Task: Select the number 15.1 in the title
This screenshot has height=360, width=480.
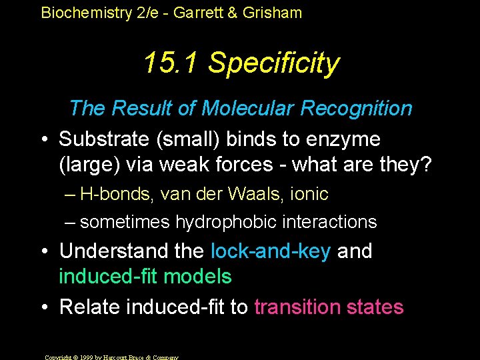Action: tap(171, 63)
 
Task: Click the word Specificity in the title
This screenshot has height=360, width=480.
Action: tap(273, 63)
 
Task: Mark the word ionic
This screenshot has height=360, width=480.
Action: tap(309, 195)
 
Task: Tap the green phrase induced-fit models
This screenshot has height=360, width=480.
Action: tap(145, 276)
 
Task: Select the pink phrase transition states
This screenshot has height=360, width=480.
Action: tap(329, 307)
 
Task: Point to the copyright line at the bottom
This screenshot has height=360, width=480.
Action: tap(111, 357)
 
